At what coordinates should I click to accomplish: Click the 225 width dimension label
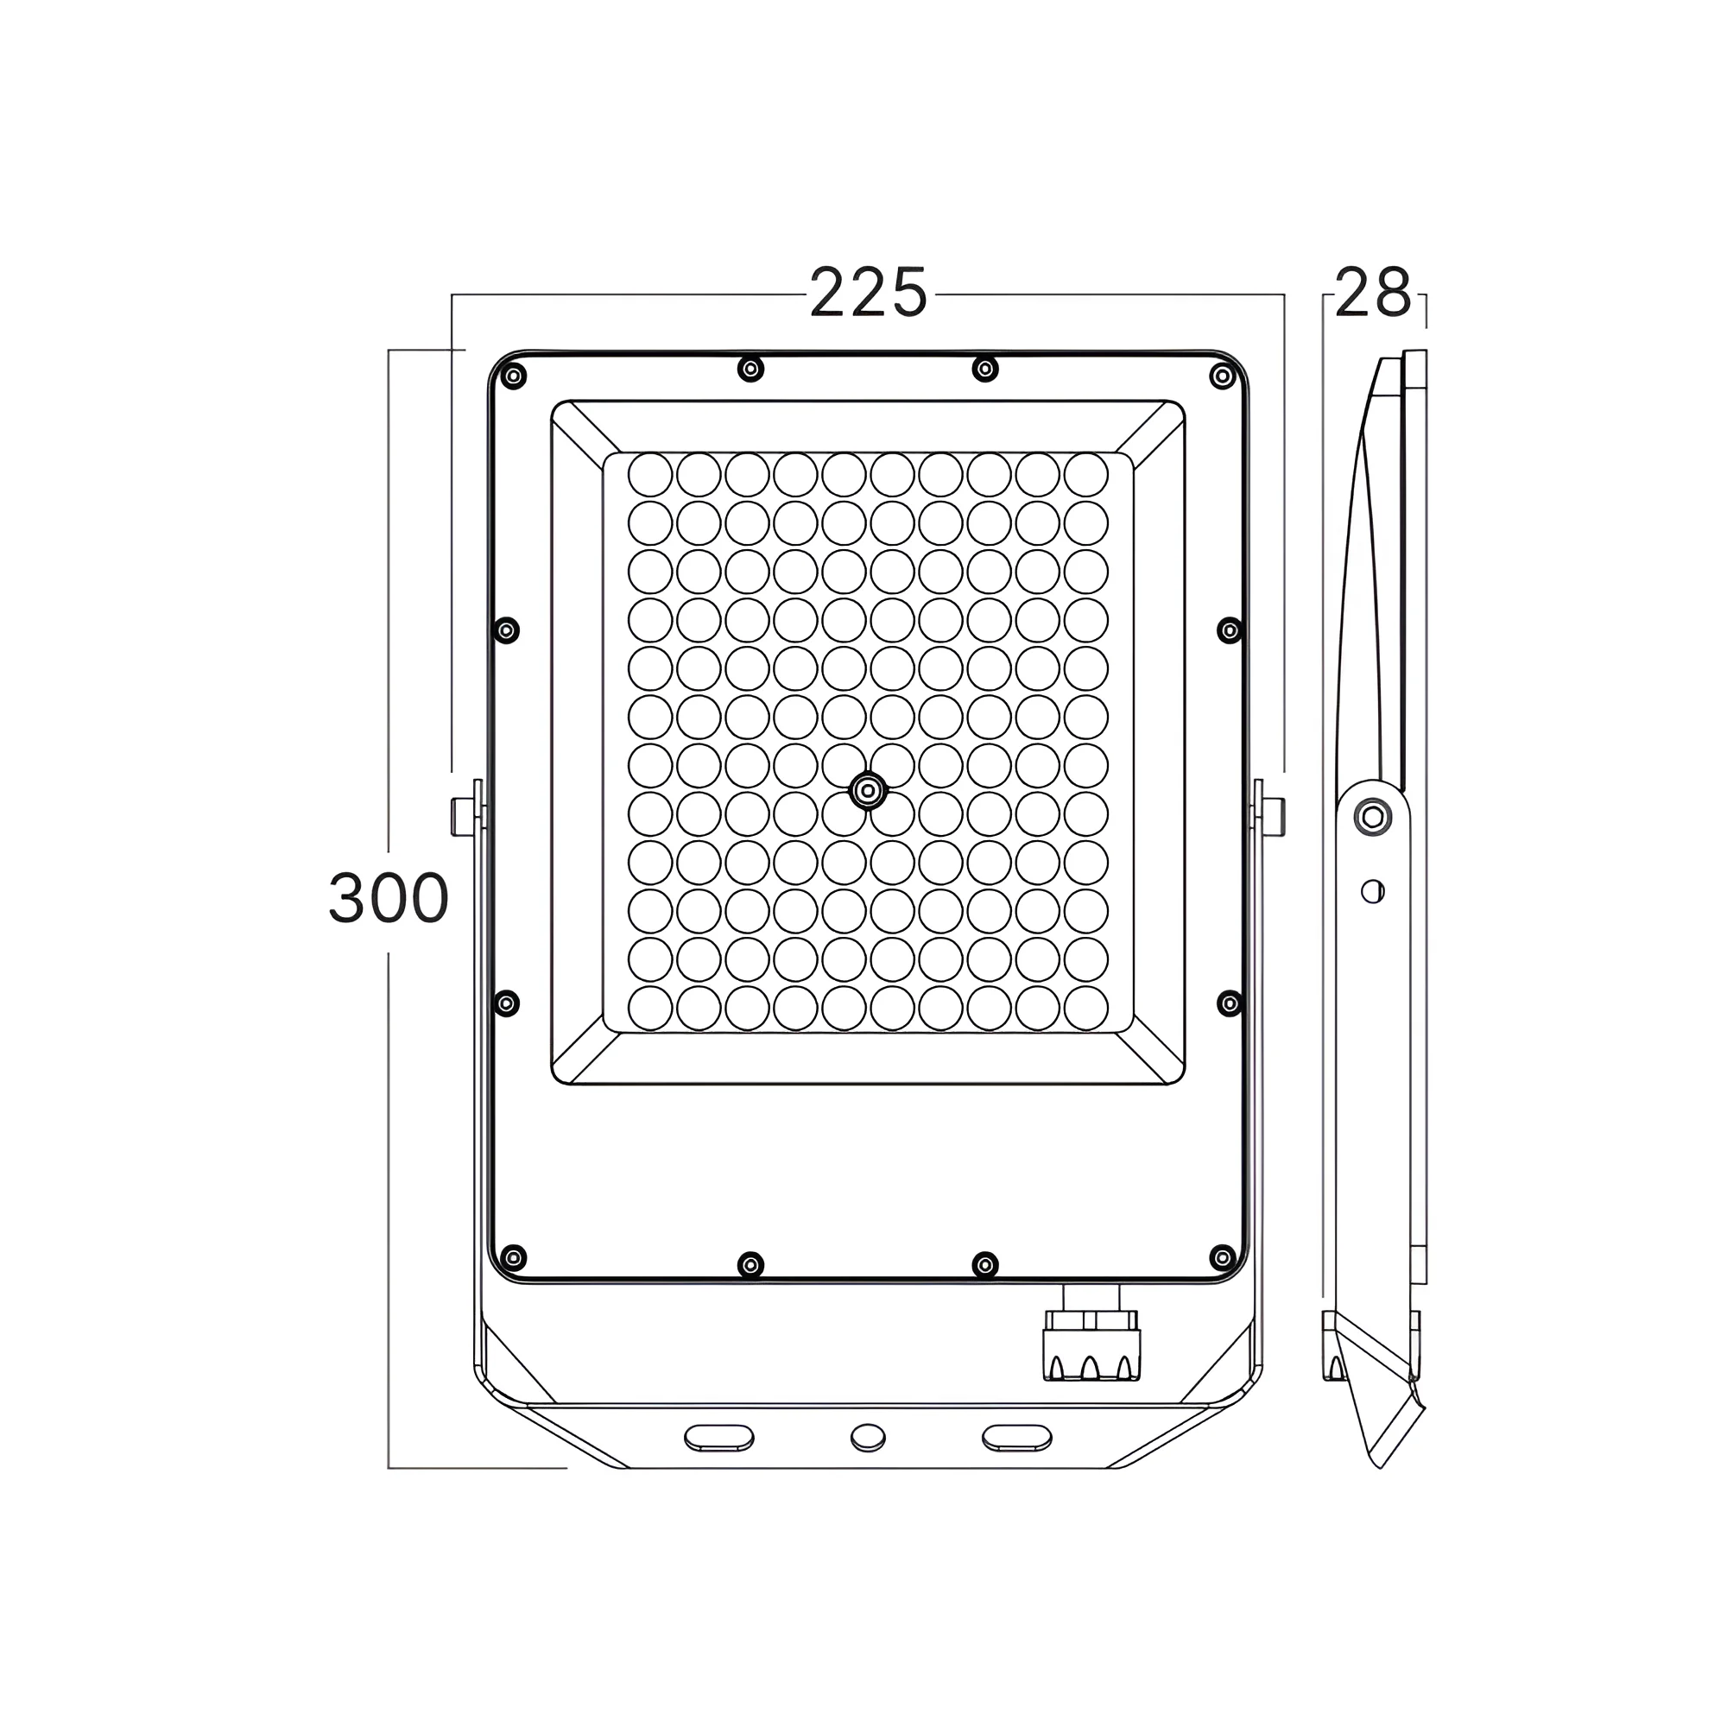(x=868, y=294)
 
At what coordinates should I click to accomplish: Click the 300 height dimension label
(x=388, y=898)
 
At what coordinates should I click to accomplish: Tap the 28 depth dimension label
(x=1372, y=294)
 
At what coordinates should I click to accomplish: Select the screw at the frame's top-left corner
(x=512, y=376)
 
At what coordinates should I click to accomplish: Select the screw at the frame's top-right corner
(x=1222, y=376)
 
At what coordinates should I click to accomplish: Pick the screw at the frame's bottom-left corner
(x=512, y=1258)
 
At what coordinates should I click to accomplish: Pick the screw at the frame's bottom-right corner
(x=1222, y=1258)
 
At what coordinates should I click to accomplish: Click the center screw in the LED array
(x=867, y=791)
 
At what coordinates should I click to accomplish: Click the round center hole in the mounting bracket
(x=868, y=1438)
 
